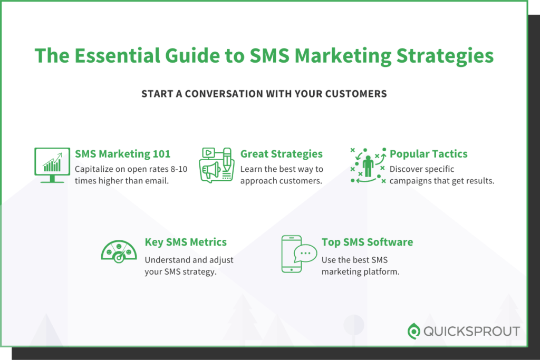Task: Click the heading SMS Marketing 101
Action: pyautogui.click(x=123, y=154)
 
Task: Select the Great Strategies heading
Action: pyautogui.click(x=282, y=154)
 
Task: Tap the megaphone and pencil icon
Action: pyautogui.click(x=216, y=164)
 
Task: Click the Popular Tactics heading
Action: pyautogui.click(x=429, y=154)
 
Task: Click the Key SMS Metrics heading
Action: pyautogui.click(x=186, y=242)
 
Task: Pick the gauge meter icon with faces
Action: pyautogui.click(x=119, y=251)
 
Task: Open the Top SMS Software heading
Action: pyautogui.click(x=367, y=242)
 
